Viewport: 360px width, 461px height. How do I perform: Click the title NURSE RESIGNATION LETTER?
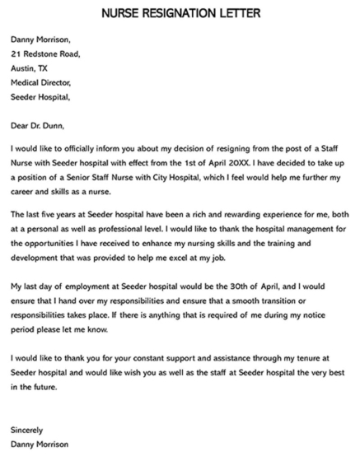coord(180,14)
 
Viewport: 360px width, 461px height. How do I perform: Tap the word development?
coord(40,258)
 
